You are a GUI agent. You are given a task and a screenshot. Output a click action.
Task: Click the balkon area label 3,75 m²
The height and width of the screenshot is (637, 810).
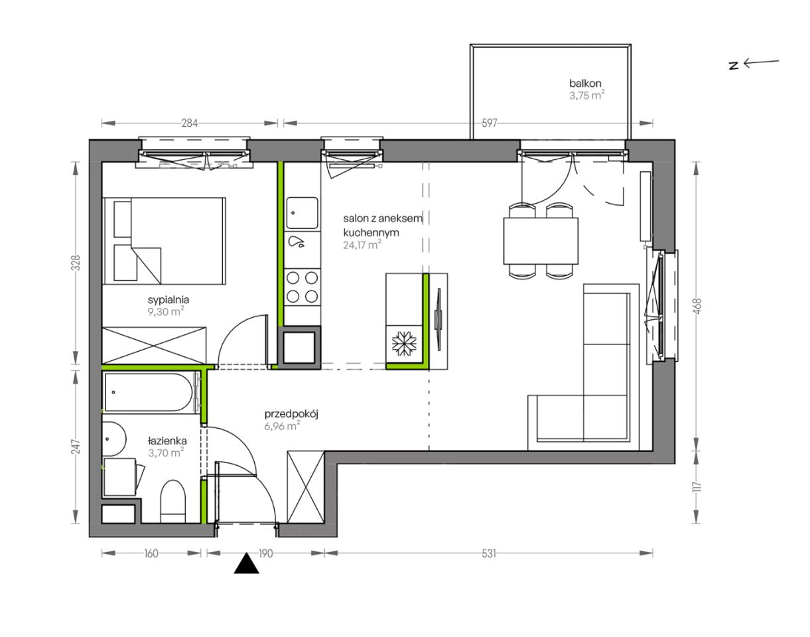pyautogui.click(x=586, y=96)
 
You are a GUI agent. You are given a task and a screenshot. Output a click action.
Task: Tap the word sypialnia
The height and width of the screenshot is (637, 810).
pyautogui.click(x=169, y=300)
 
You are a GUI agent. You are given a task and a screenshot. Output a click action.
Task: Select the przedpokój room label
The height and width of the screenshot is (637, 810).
pyautogui.click(x=291, y=414)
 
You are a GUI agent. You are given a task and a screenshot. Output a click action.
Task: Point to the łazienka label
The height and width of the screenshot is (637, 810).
pyautogui.click(x=167, y=440)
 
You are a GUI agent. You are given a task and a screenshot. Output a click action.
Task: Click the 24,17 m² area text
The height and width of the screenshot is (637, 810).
pyautogui.click(x=362, y=245)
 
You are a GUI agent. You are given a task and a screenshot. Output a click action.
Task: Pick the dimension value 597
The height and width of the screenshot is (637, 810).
pyautogui.click(x=490, y=123)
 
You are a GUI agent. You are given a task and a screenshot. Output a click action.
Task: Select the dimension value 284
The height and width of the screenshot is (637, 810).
pyautogui.click(x=189, y=123)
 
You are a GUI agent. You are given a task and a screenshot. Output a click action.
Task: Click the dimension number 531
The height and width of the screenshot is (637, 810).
pyautogui.click(x=488, y=553)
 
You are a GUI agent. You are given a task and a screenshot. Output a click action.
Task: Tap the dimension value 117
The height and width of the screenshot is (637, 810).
pyautogui.click(x=697, y=487)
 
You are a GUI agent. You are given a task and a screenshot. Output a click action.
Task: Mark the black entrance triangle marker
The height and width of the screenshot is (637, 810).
pyautogui.click(x=247, y=563)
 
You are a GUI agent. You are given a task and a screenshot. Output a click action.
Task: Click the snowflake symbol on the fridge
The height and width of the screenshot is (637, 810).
pyautogui.click(x=404, y=343)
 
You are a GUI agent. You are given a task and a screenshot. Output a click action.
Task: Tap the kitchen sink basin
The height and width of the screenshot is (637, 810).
pyautogui.click(x=302, y=213)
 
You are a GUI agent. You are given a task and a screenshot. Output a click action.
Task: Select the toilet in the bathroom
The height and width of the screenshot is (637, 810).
pyautogui.click(x=172, y=501)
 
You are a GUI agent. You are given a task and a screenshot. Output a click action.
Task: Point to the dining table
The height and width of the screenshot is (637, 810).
pyautogui.click(x=541, y=241)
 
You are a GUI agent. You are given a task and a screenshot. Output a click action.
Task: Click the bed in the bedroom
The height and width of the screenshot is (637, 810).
pyautogui.click(x=164, y=241)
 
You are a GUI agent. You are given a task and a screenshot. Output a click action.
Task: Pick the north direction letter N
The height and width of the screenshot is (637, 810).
pyautogui.click(x=733, y=66)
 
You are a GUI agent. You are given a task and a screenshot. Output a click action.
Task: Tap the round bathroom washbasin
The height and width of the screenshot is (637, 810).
pyautogui.click(x=113, y=439)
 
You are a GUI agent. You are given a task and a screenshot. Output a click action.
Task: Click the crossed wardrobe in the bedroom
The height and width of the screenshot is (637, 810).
pyautogui.click(x=154, y=346)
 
